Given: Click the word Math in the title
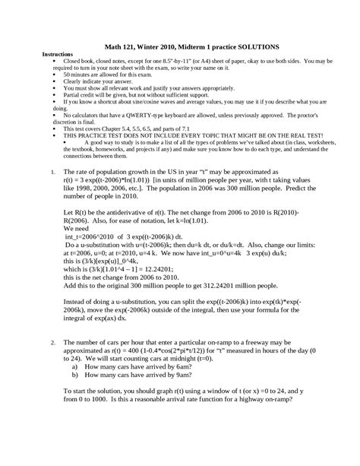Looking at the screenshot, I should point(121,46).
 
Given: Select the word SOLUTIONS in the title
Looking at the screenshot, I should point(251,46).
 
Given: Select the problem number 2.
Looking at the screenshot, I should point(51,343).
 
